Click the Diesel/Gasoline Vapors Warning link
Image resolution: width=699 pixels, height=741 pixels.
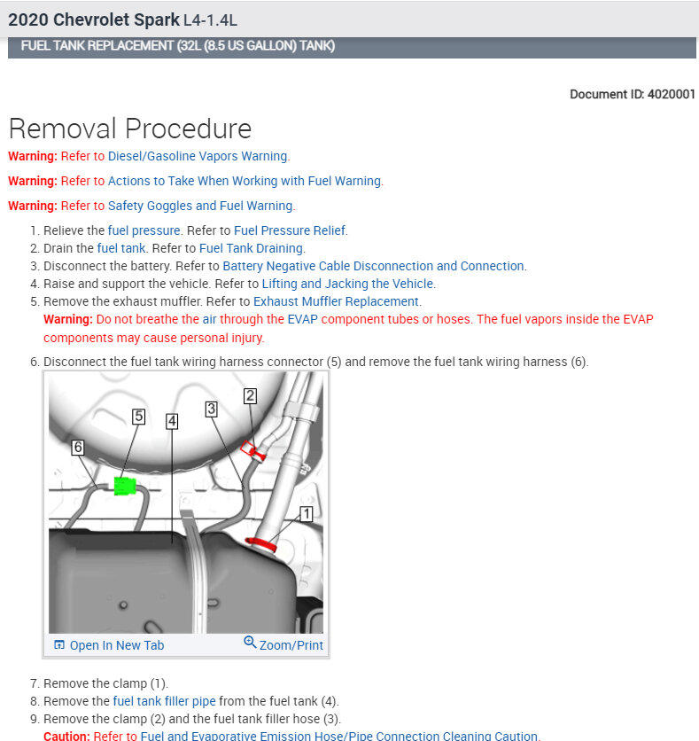pos(198,156)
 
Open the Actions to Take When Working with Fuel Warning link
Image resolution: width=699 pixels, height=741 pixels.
pos(245,181)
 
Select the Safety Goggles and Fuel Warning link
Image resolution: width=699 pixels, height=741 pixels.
pos(200,206)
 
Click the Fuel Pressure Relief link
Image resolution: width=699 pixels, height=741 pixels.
pos(290,230)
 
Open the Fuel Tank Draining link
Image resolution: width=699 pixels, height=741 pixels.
pos(252,248)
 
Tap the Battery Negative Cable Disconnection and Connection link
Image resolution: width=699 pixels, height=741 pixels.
pos(373,266)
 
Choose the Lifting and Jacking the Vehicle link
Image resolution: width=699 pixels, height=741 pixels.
pos(347,284)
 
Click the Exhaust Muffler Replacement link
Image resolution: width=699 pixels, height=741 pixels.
pos(336,301)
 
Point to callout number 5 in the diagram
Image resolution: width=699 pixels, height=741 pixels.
pos(138,416)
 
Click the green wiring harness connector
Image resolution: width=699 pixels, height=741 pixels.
pos(123,486)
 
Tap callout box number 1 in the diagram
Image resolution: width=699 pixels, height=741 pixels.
pos(306,513)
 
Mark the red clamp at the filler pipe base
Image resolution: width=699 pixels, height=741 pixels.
pos(261,543)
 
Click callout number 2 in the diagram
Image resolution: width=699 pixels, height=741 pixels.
pos(251,396)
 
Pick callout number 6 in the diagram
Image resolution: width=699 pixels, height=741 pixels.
pos(78,448)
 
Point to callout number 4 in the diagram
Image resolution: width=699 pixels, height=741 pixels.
pos(172,422)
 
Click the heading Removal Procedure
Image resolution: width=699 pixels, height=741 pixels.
pos(130,129)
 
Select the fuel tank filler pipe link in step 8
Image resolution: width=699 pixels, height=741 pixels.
pos(165,701)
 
